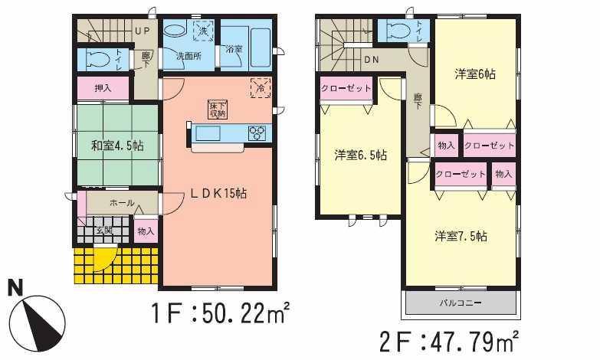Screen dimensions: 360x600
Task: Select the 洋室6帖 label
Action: coord(475,74)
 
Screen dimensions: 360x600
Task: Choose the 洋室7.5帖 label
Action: coord(461,236)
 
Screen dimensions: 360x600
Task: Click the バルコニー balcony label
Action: coord(461,303)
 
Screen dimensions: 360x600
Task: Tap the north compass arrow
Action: coord(35,315)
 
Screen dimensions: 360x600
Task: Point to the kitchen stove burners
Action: coord(256,133)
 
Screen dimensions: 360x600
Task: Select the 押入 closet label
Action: coord(103,89)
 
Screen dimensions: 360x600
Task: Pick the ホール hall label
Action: coord(122,203)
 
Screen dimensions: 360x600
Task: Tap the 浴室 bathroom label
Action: coord(234,50)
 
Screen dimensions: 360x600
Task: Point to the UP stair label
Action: coord(142,31)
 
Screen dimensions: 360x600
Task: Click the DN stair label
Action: coord(372,59)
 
